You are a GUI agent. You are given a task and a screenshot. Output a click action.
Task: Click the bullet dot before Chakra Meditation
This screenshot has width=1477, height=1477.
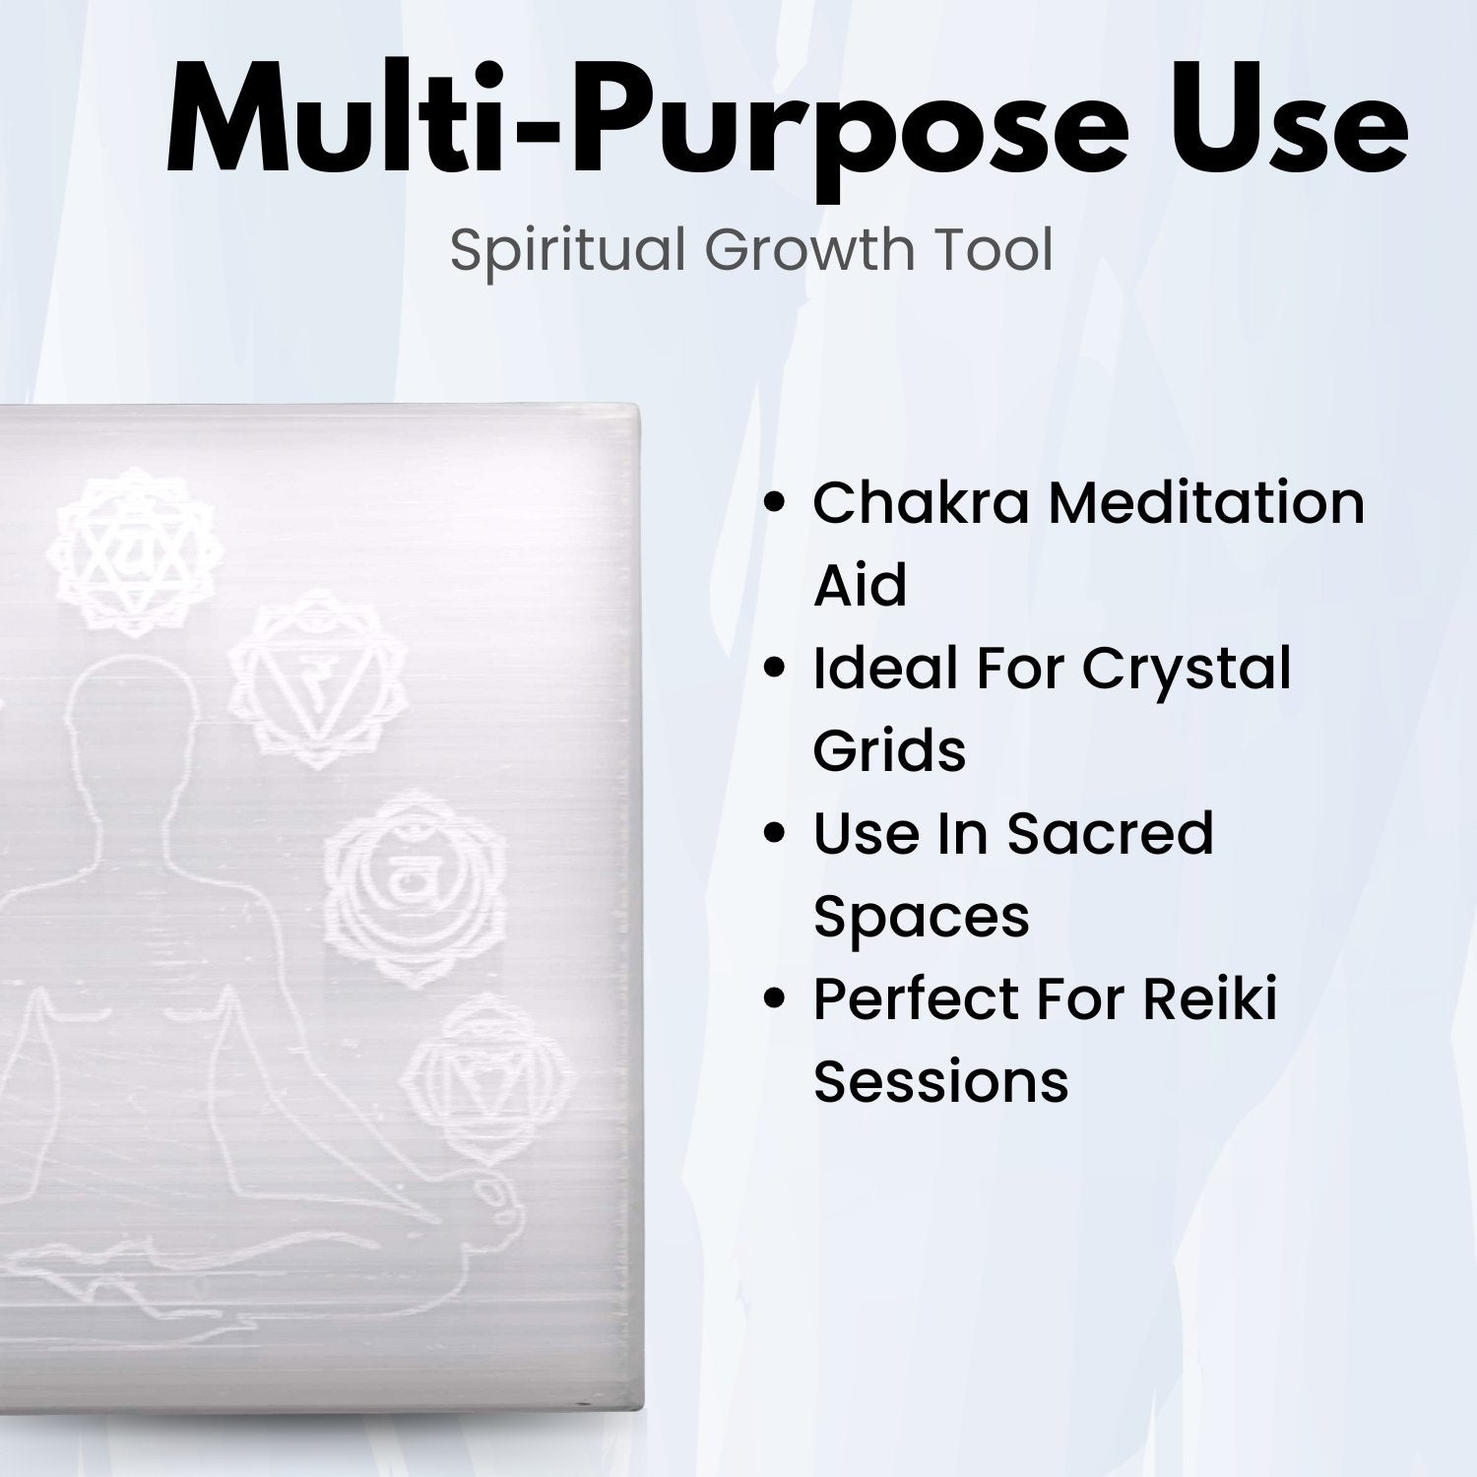point(776,503)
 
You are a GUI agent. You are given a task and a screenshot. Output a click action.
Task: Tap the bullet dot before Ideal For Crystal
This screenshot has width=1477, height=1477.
point(776,669)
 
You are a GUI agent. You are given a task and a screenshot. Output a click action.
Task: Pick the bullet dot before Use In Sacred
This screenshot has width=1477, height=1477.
point(776,834)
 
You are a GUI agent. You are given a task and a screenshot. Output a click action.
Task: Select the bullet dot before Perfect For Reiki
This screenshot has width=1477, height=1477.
point(776,999)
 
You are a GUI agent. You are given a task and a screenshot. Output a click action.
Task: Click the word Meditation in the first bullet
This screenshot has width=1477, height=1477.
point(1205,502)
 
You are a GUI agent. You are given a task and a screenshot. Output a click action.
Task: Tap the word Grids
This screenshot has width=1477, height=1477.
point(889,750)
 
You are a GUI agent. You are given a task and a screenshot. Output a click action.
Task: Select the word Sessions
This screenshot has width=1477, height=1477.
point(940,1081)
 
